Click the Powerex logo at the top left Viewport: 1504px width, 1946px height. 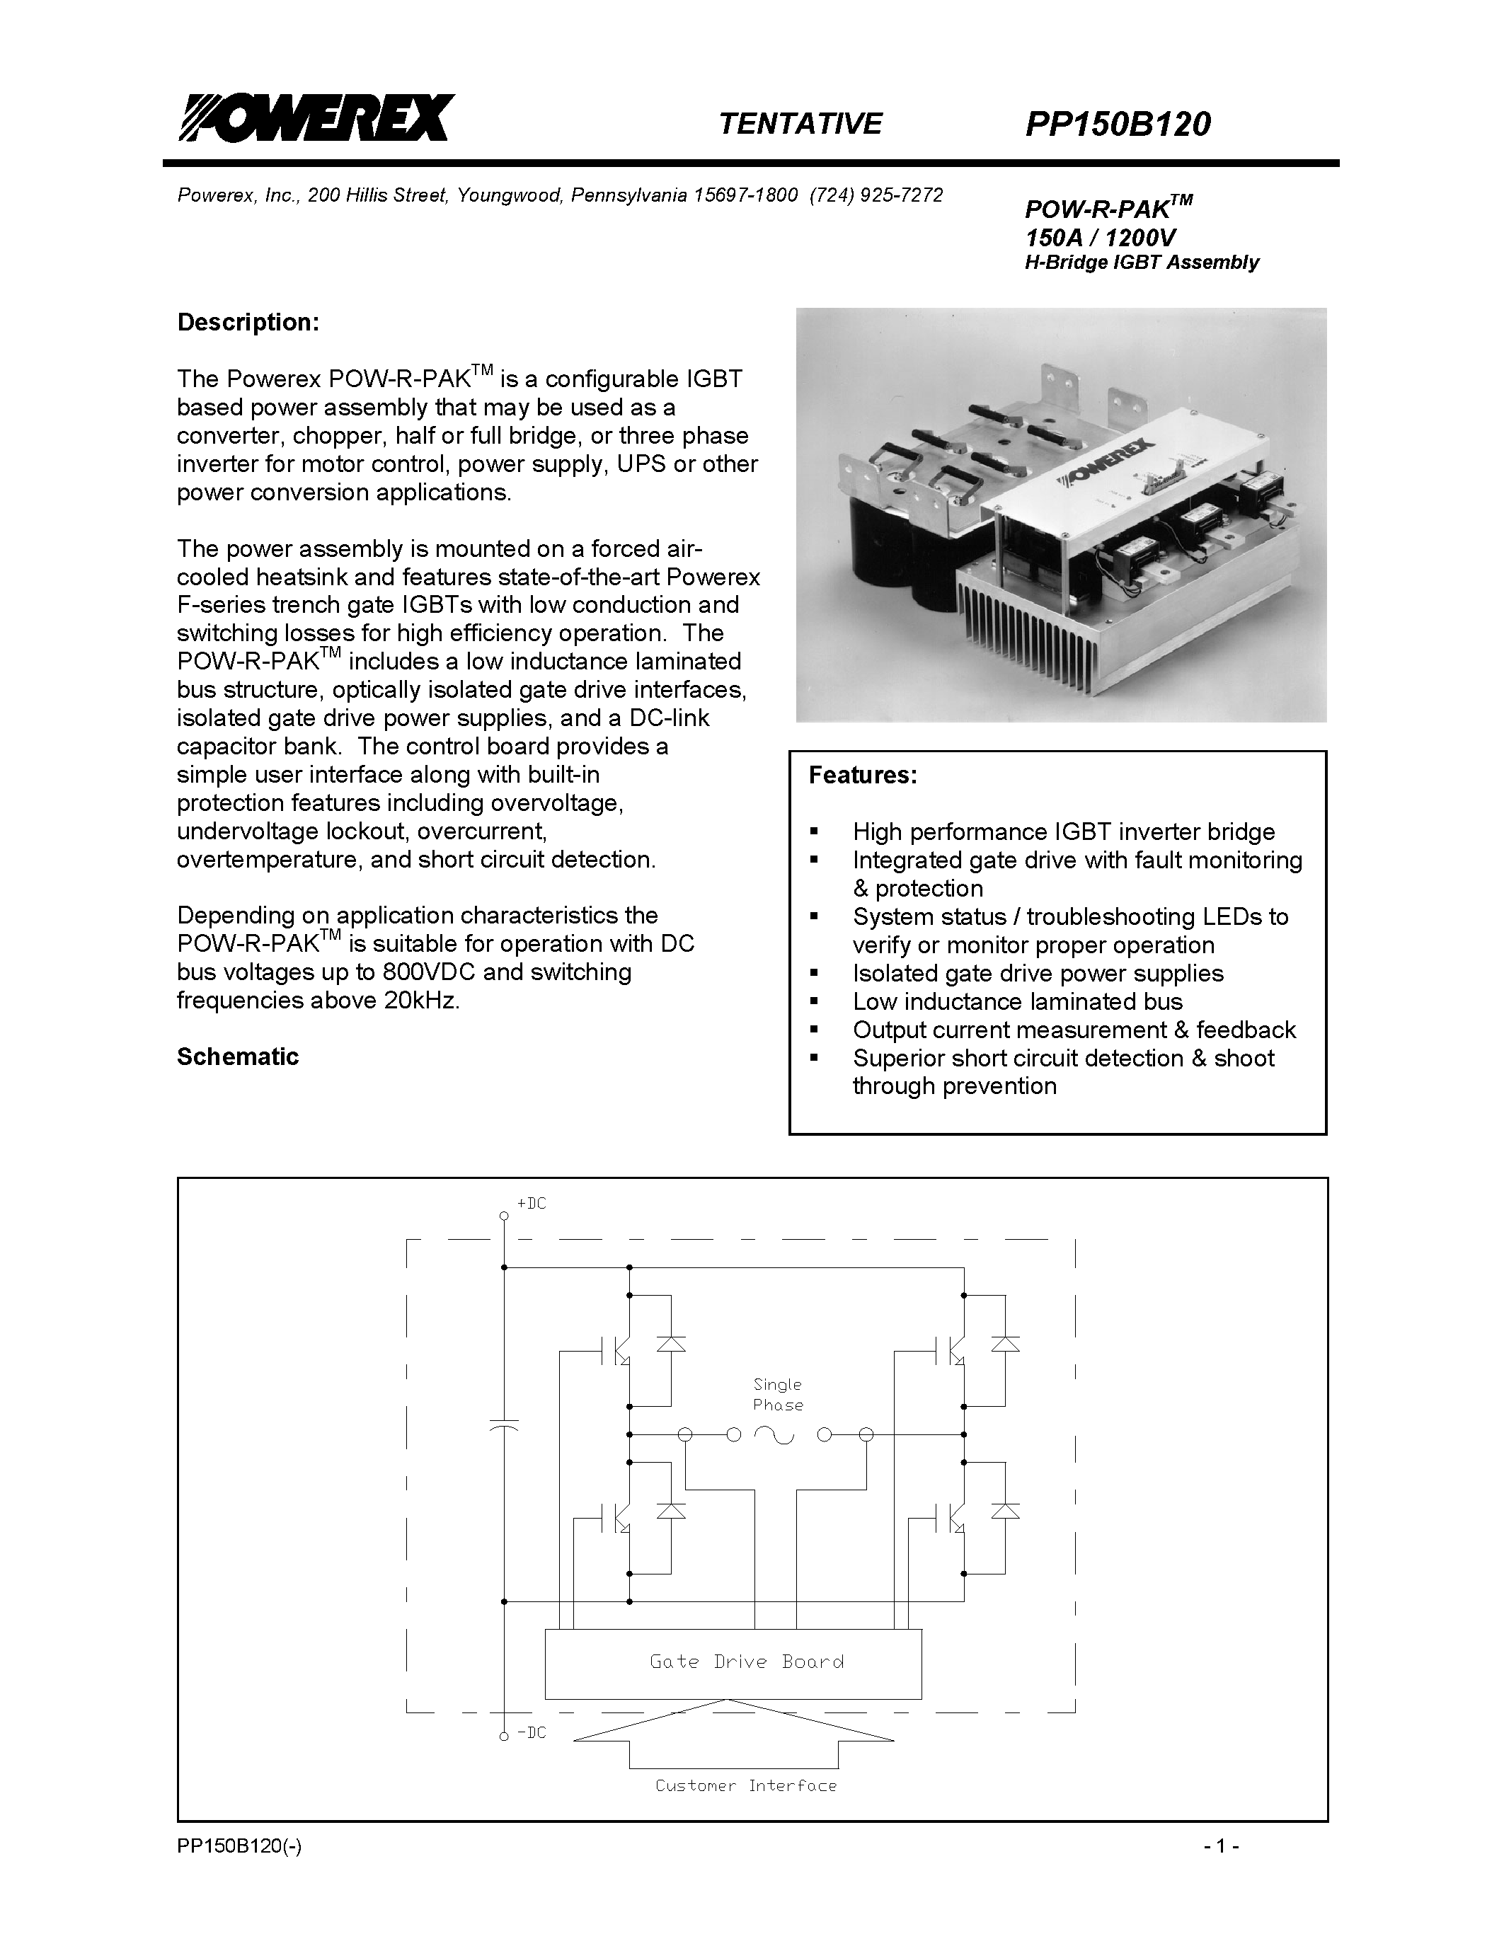click(x=316, y=118)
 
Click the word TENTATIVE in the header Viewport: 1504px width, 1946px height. click(x=799, y=123)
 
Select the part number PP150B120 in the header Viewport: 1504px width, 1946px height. click(x=1118, y=124)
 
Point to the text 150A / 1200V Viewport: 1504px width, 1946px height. click(x=1101, y=238)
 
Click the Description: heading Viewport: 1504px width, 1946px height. click(x=248, y=323)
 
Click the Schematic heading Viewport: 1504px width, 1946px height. click(x=237, y=1057)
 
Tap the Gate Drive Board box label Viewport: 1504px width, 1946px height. click(x=747, y=1662)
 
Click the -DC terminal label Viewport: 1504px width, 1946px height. click(x=531, y=1733)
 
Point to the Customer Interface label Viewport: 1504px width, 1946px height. click(x=746, y=1785)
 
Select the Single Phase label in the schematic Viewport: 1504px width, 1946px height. click(x=778, y=1395)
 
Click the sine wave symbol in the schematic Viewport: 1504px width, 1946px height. click(x=774, y=1434)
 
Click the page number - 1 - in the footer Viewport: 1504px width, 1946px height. click(x=1221, y=1847)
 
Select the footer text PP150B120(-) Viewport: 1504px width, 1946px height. click(x=239, y=1847)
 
